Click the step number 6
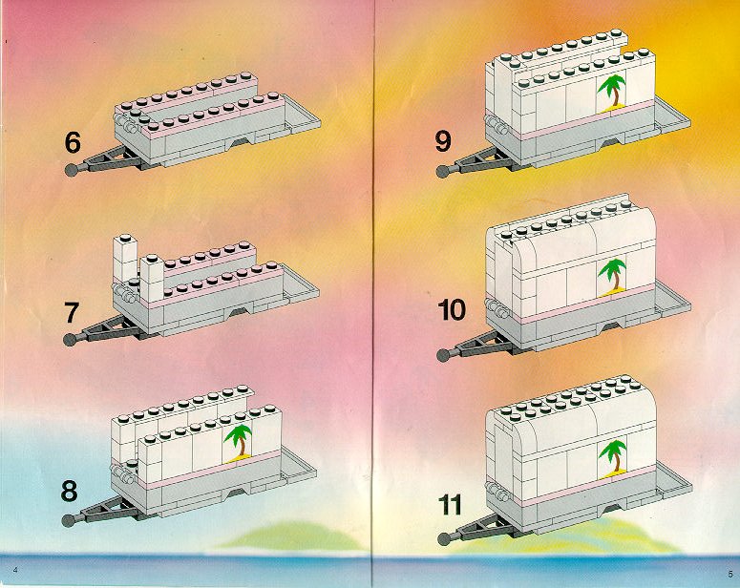(73, 142)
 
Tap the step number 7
(72, 313)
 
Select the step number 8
(69, 491)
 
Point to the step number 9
(443, 141)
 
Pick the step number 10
(452, 309)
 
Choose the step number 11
(450, 505)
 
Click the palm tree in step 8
(239, 442)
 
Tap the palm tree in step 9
(612, 93)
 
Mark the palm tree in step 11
(614, 458)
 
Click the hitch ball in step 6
(72, 170)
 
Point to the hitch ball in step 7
(70, 339)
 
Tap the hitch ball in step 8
(69, 520)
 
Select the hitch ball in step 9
(443, 171)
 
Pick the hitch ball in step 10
(444, 355)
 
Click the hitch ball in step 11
(444, 539)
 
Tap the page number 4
(15, 570)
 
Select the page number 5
(729, 574)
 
